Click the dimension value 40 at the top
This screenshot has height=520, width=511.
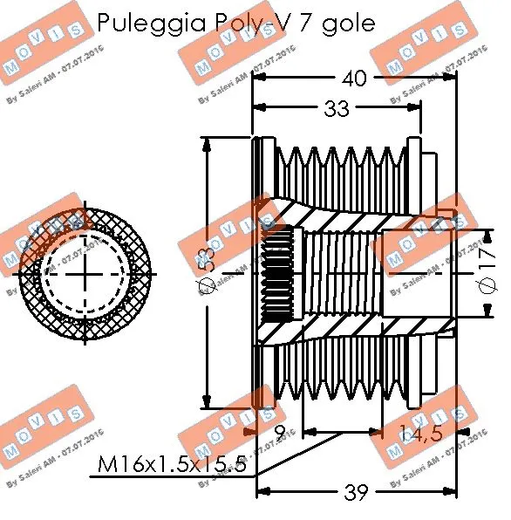[354, 79]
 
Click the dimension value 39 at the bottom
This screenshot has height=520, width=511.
[356, 493]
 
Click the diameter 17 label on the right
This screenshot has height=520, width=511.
[488, 271]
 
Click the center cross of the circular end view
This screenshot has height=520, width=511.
[85, 271]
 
